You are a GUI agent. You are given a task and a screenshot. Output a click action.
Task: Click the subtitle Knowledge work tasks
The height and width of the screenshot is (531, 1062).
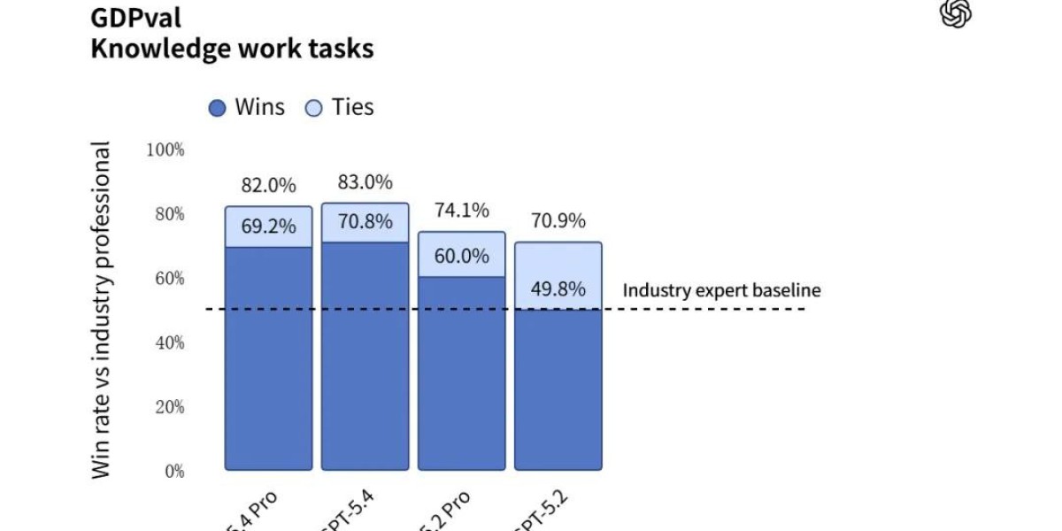click(x=232, y=48)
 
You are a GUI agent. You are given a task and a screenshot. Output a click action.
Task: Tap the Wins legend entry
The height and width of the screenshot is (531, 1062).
click(x=248, y=108)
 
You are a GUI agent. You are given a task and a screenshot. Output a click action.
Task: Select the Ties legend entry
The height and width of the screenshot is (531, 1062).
click(x=341, y=108)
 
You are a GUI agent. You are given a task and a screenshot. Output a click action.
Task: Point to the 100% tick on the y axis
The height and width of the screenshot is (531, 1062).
click(x=165, y=150)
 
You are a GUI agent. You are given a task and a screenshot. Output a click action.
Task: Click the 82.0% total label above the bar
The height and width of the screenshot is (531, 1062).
click(x=268, y=187)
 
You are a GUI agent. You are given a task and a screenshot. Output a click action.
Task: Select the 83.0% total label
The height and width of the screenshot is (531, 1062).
click(x=365, y=182)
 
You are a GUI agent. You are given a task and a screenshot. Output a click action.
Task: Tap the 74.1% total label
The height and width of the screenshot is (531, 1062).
click(x=462, y=211)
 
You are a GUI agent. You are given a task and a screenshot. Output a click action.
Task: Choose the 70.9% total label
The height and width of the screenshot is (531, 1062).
click(x=558, y=221)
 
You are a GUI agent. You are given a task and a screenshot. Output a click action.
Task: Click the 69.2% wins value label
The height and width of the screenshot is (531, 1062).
click(x=268, y=227)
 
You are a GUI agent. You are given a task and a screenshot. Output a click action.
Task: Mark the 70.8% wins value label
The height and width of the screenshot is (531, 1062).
click(x=365, y=222)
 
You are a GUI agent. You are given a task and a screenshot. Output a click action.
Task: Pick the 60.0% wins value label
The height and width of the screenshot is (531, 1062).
click(x=462, y=257)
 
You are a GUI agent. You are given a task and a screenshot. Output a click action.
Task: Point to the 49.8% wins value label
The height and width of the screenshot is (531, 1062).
click(x=558, y=289)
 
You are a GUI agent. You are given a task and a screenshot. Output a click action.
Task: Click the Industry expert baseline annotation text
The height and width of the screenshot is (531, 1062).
click(x=721, y=290)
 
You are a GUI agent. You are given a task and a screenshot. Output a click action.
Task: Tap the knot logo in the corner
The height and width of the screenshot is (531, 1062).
click(x=956, y=14)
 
